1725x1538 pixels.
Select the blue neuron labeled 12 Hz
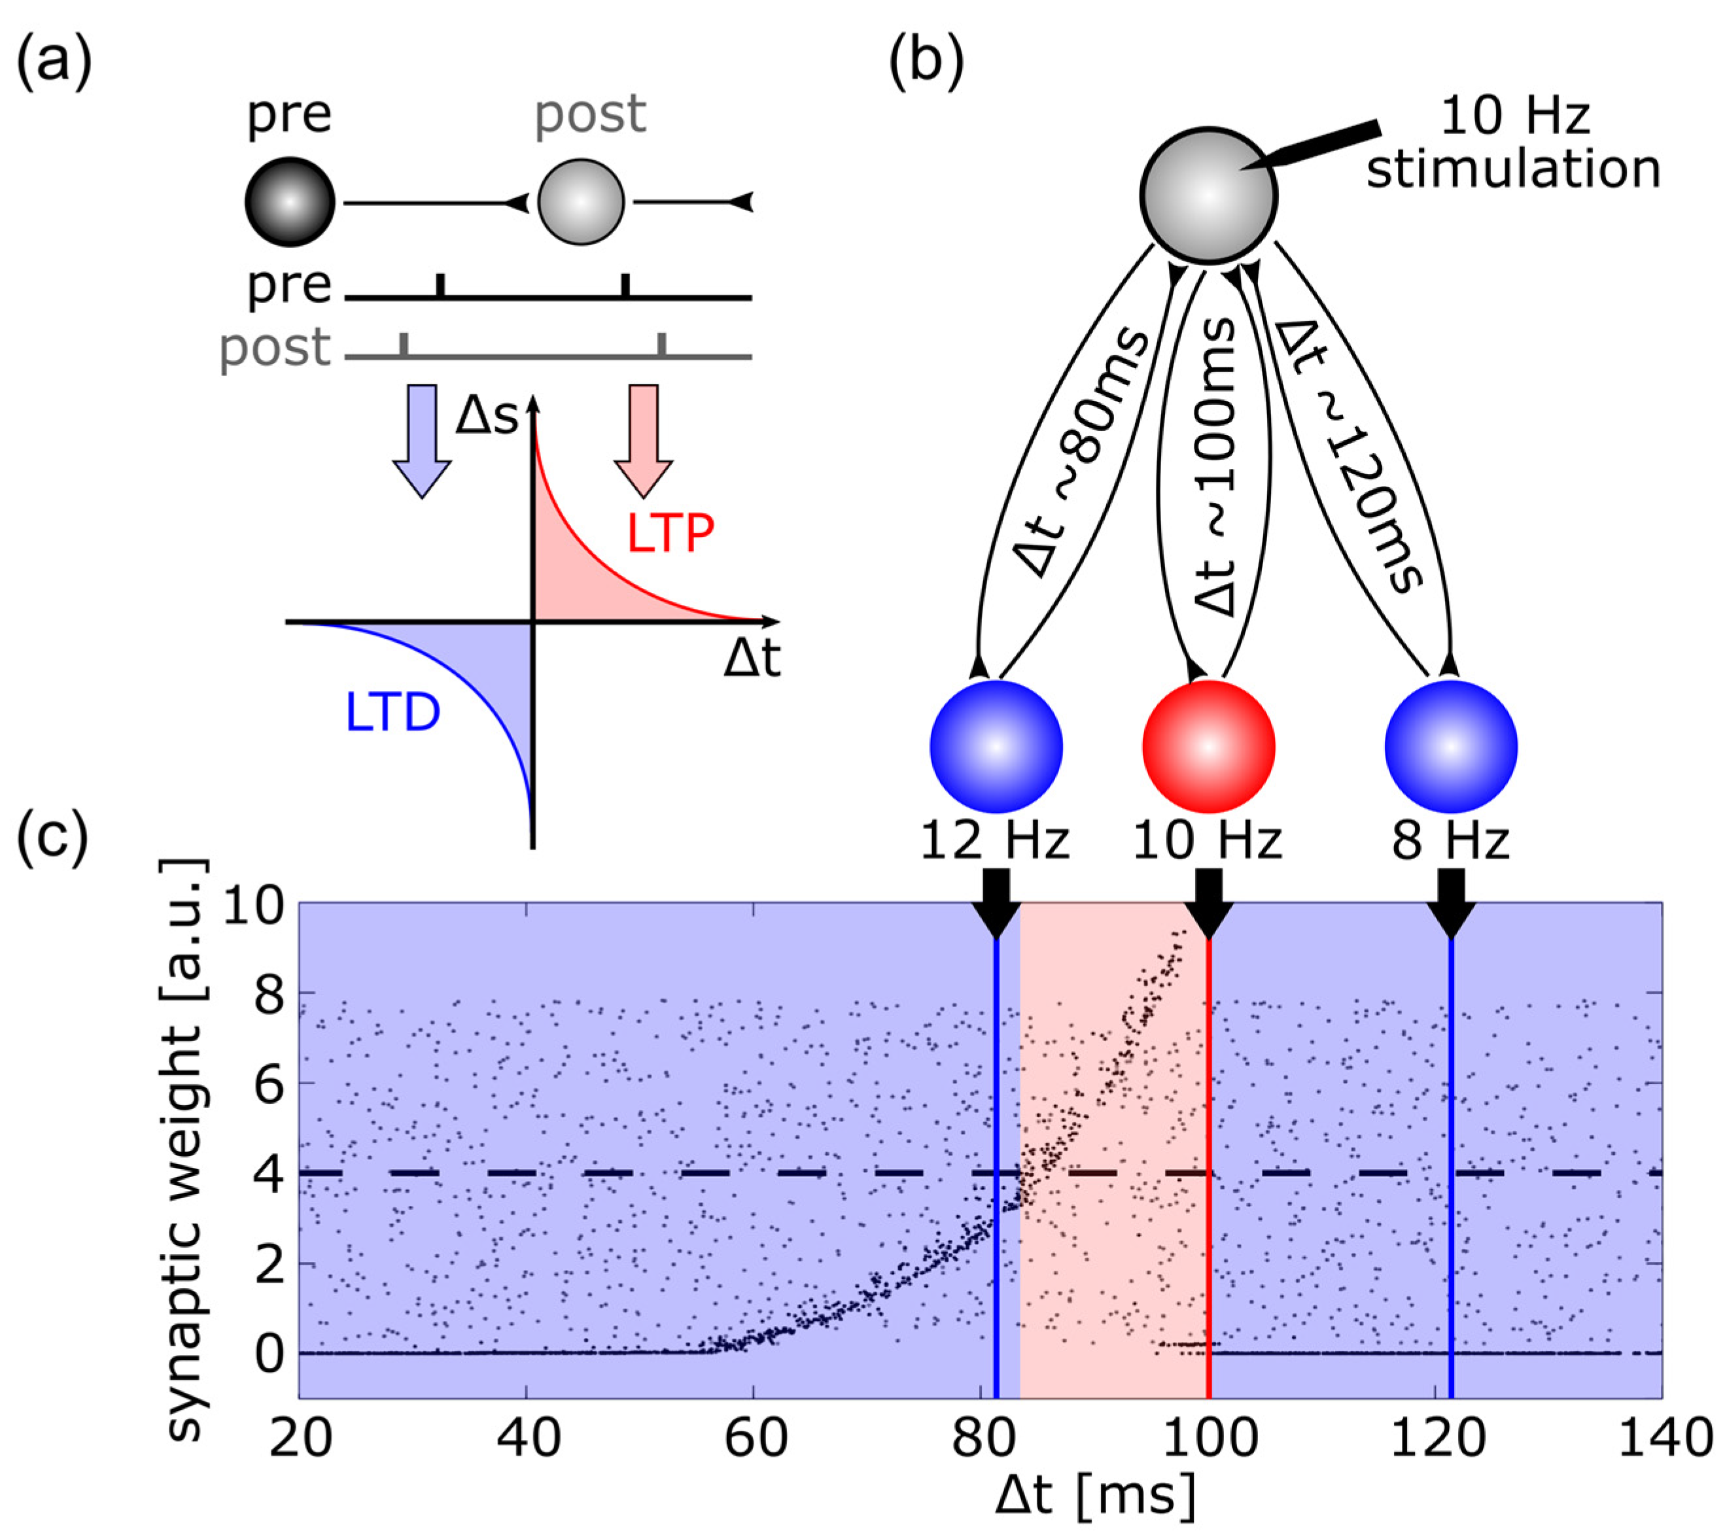[996, 747]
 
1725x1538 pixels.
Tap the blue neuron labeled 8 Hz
[1450, 747]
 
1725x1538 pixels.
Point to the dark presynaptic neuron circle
[290, 203]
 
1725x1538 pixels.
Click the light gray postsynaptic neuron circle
[581, 203]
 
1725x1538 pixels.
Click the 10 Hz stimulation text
[1513, 144]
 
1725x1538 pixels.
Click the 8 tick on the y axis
[269, 994]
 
